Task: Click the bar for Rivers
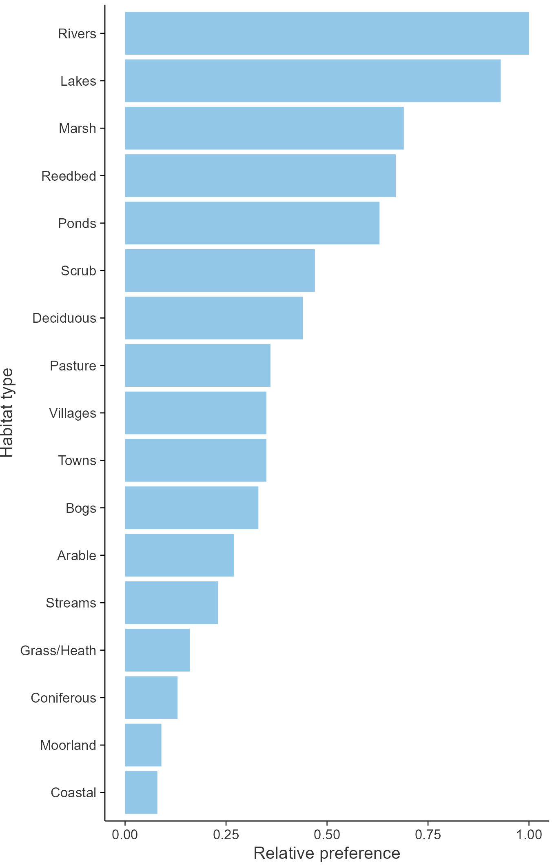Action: tap(326, 33)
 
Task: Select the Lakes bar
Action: tap(312, 81)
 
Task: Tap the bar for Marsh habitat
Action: tap(264, 128)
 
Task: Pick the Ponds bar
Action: tap(252, 223)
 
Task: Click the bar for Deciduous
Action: tap(214, 318)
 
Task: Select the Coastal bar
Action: tap(141, 792)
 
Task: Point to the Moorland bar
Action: tap(143, 745)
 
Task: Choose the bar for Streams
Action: tap(171, 603)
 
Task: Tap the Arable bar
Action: tap(179, 555)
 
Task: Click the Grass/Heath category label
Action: tap(58, 650)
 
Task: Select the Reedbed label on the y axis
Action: tap(69, 176)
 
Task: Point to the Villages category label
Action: tap(73, 413)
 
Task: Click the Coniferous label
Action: tap(64, 698)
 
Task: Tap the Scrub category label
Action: tap(78, 271)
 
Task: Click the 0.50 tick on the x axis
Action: tap(327, 835)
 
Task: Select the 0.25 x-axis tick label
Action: tap(226, 835)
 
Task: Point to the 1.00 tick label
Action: tap(529, 835)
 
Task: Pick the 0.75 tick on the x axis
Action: tap(428, 835)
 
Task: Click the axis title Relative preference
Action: tap(327, 853)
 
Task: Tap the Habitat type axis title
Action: tap(7, 413)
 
